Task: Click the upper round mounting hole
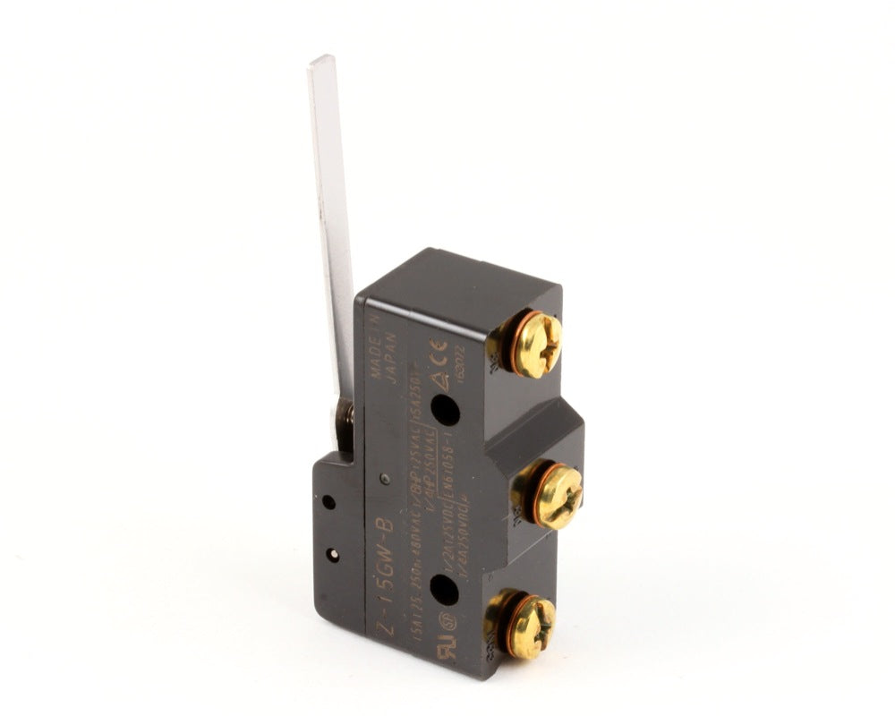(445, 410)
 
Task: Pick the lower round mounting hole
(444, 590)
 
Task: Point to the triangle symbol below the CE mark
(439, 379)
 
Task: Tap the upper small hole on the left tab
(328, 502)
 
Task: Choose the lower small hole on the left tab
(333, 555)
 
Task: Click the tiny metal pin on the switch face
(384, 479)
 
